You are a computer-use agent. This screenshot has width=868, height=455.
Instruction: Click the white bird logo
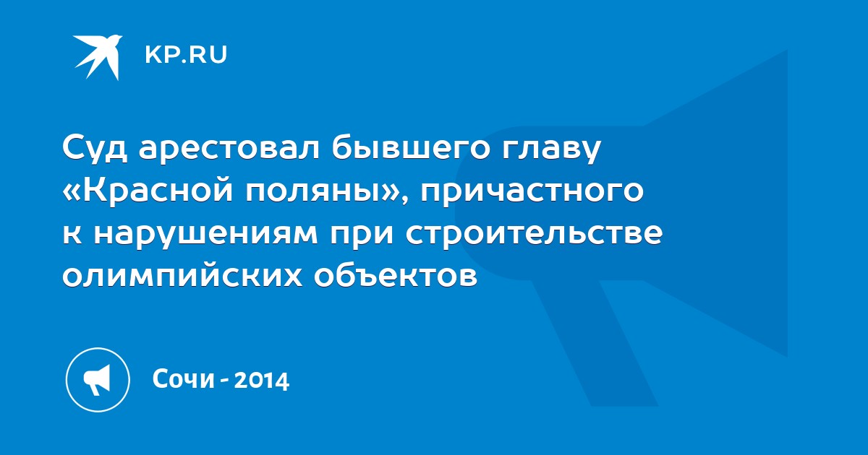pos(98,57)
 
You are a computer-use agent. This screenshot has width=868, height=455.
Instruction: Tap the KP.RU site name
pos(186,55)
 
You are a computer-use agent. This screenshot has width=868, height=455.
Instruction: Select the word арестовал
pos(229,148)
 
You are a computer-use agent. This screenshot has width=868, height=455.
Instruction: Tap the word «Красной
pos(148,191)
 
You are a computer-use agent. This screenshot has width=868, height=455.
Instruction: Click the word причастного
pos(532,191)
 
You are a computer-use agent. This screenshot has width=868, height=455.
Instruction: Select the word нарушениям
pos(205,234)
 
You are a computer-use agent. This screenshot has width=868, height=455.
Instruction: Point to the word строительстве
pos(535,233)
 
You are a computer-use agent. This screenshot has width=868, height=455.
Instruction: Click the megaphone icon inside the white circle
pos(97,380)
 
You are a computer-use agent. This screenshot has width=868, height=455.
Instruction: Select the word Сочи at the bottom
pos(183,379)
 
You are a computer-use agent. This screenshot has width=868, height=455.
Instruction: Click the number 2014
pos(262,380)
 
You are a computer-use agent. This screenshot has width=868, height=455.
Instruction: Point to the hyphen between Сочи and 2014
pos(224,381)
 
